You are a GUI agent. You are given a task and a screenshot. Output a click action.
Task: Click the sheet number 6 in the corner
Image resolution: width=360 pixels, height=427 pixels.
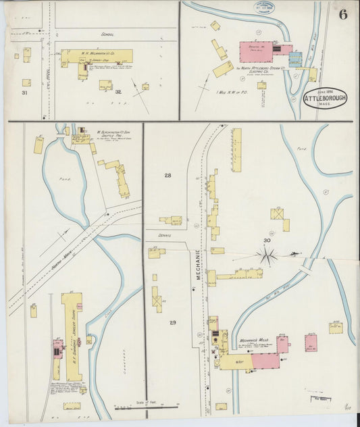343,16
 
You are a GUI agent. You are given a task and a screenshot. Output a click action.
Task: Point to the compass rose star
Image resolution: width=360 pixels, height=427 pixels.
267,255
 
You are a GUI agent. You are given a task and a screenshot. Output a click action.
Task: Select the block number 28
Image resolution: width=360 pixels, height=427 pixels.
168,176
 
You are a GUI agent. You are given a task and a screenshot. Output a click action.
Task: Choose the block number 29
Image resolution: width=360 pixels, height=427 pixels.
173,323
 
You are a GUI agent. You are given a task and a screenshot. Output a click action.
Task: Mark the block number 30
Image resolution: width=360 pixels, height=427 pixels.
267,241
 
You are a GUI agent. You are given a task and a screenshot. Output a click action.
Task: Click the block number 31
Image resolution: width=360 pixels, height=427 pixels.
25,93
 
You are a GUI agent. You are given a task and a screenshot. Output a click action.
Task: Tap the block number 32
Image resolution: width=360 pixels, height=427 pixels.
118,93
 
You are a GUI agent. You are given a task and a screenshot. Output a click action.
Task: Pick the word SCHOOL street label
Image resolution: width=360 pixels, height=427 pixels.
107,34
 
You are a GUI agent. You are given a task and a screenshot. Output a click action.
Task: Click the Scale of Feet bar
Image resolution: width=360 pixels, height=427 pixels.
145,407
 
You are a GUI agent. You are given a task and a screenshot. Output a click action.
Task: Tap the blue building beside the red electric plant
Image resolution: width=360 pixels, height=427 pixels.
296,59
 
